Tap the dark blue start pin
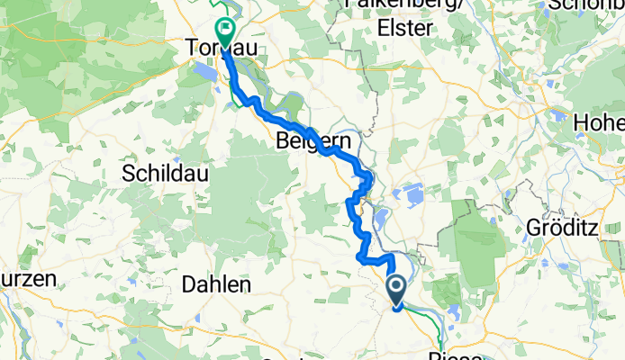[397, 291]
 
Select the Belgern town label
[308, 140]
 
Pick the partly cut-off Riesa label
[464, 353]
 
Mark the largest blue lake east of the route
[410, 193]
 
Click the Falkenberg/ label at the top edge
[396, 4]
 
